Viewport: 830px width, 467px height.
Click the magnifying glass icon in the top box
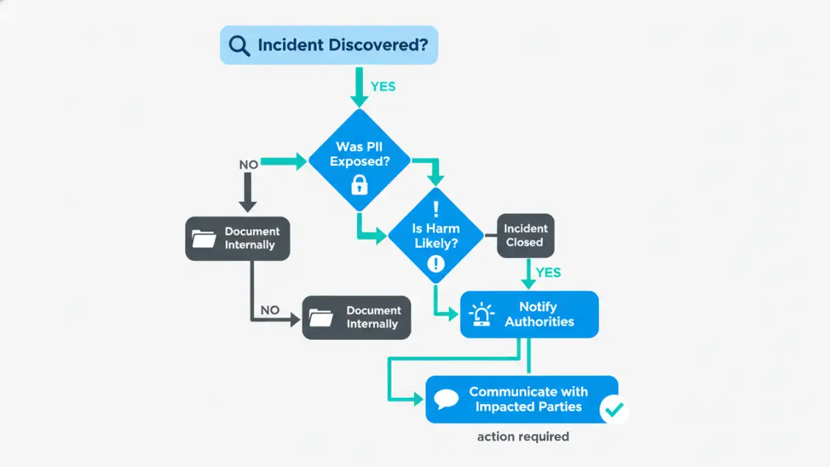tap(239, 46)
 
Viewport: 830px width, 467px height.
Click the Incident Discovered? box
tap(329, 45)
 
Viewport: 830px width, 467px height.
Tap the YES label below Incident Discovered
tap(383, 86)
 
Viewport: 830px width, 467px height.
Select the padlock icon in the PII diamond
tap(359, 185)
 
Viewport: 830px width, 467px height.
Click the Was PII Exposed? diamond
tap(359, 159)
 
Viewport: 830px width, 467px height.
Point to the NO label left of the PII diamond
tap(248, 165)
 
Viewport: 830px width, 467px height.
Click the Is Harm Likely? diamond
tap(436, 235)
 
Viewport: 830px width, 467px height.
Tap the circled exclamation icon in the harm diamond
tap(436, 263)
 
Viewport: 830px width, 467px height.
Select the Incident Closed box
tap(525, 236)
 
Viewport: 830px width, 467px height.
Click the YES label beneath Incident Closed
tap(548, 273)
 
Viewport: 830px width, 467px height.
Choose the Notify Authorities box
tap(529, 314)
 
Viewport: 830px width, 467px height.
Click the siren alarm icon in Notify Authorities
tap(481, 315)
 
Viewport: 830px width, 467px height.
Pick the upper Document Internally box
tap(237, 239)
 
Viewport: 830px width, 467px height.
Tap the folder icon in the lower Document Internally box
tap(322, 318)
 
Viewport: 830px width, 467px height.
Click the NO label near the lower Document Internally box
tap(270, 310)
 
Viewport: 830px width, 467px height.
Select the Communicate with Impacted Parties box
tap(522, 399)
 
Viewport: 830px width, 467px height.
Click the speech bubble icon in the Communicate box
tap(447, 399)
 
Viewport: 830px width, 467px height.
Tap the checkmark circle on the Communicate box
tap(613, 410)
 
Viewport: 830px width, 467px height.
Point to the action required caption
tap(523, 437)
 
